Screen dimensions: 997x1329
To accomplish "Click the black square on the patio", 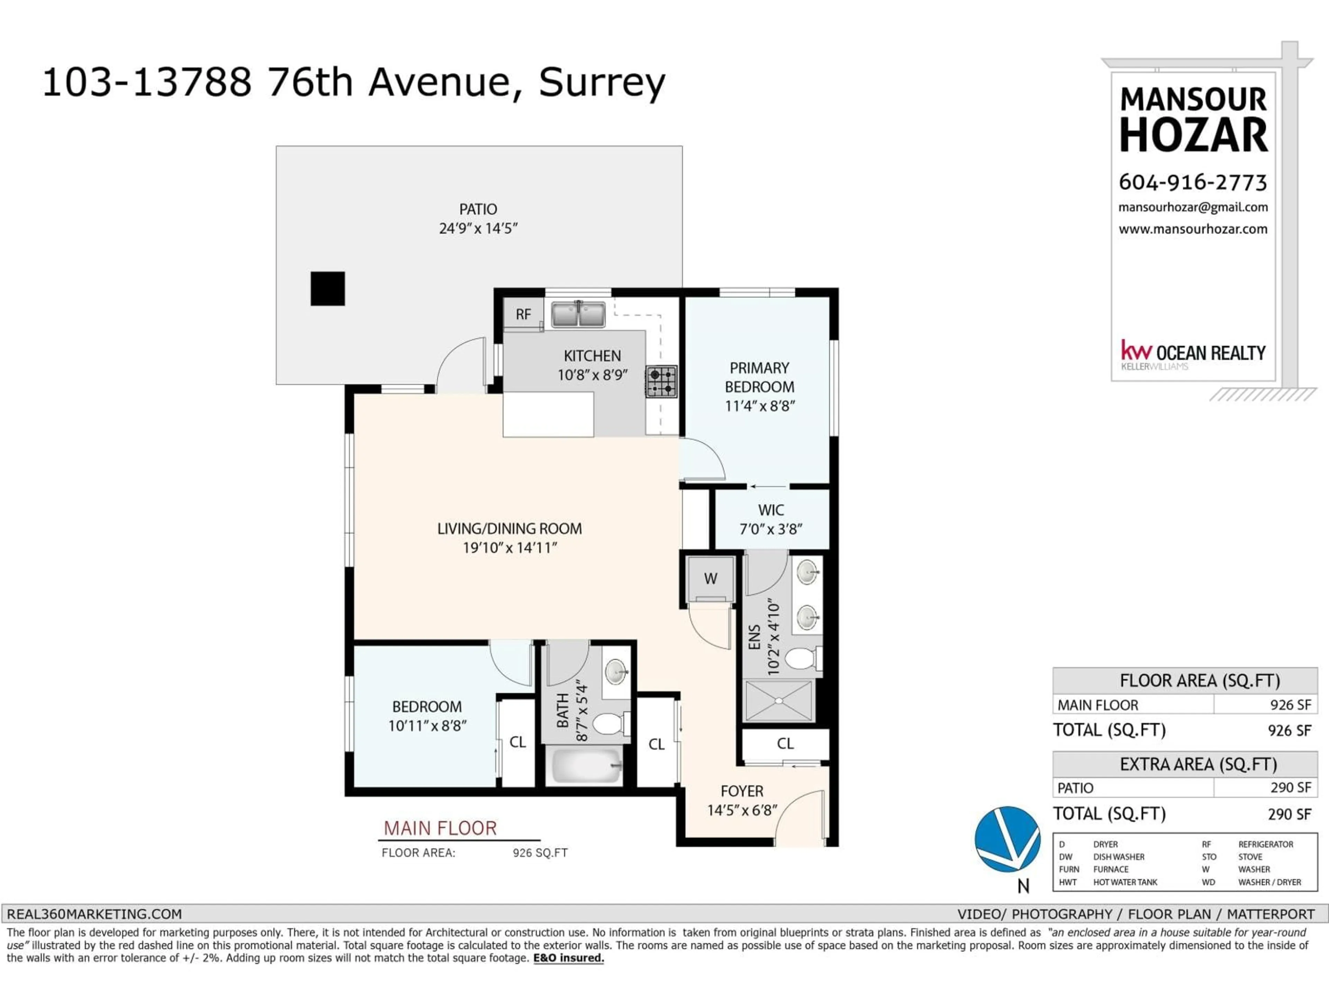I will pos(327,288).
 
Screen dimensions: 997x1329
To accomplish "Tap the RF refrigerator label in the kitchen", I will pos(523,314).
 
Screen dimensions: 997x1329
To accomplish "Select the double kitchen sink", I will pos(578,314).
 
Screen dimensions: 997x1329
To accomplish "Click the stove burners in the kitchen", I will pos(661,381).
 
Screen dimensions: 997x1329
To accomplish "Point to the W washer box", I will pos(710,578).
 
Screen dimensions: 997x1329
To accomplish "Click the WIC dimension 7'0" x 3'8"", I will pos(771,529).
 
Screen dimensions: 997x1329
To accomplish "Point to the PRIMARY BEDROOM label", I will pos(759,377).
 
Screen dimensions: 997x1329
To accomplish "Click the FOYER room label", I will pos(742,791).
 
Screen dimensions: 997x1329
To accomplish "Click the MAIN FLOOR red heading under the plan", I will pos(440,828).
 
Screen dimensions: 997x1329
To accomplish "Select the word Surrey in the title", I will pos(602,82).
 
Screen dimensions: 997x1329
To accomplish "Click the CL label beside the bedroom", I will pos(517,742).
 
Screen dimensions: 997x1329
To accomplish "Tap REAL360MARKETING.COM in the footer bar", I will pos(94,914).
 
